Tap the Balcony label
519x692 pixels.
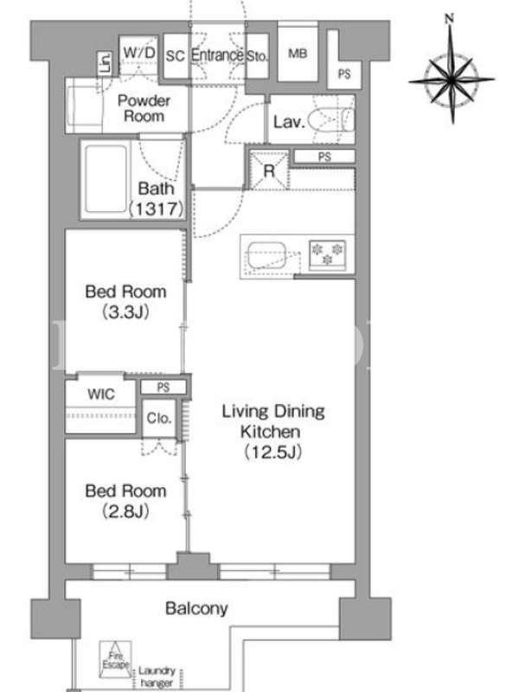point(196,609)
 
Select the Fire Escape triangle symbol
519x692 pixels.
point(116,660)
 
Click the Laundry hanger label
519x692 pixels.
point(157,677)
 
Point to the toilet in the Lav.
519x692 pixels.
point(331,119)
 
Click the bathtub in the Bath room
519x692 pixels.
point(106,179)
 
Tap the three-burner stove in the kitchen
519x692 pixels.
point(328,254)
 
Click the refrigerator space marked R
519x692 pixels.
point(269,170)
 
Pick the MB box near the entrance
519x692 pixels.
point(298,54)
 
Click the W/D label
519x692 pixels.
point(139,53)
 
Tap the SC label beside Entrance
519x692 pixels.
point(176,56)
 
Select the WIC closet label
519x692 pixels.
point(101,394)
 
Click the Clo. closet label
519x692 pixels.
point(159,418)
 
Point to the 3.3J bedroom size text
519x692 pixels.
point(125,312)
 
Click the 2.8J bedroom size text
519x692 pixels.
point(125,511)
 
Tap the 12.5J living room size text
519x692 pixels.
point(273,452)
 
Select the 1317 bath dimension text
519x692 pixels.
point(157,208)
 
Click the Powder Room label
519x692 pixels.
point(144,109)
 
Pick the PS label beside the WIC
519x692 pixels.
point(163,388)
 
